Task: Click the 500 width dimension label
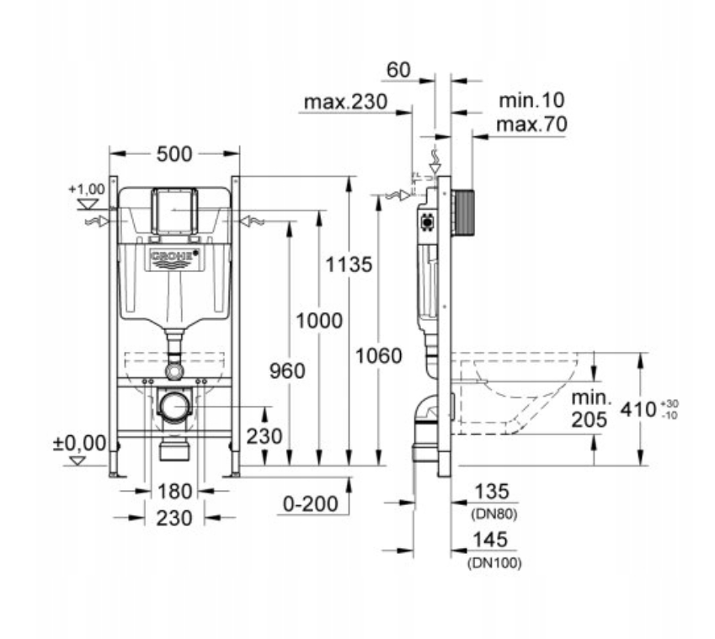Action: pyautogui.click(x=174, y=154)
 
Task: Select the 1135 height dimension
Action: pyautogui.click(x=349, y=264)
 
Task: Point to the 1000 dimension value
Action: pyautogui.click(x=319, y=321)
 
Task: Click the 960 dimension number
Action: pyautogui.click(x=287, y=371)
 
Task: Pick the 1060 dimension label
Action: pyautogui.click(x=378, y=356)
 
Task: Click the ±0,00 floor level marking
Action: pyautogui.click(x=80, y=443)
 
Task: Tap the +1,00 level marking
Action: pyautogui.click(x=87, y=189)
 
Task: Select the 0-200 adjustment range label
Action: pyautogui.click(x=311, y=503)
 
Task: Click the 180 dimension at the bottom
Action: pyautogui.click(x=174, y=492)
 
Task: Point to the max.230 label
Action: pyautogui.click(x=345, y=102)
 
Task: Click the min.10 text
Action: pyautogui.click(x=531, y=100)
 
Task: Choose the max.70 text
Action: pyautogui.click(x=531, y=124)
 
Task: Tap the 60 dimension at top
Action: pyautogui.click(x=398, y=70)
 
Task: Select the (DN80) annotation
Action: pyautogui.click(x=494, y=514)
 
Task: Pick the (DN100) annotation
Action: pyautogui.click(x=494, y=563)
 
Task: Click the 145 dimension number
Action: pyautogui.click(x=490, y=540)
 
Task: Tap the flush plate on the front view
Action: pyautogui.click(x=174, y=210)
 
